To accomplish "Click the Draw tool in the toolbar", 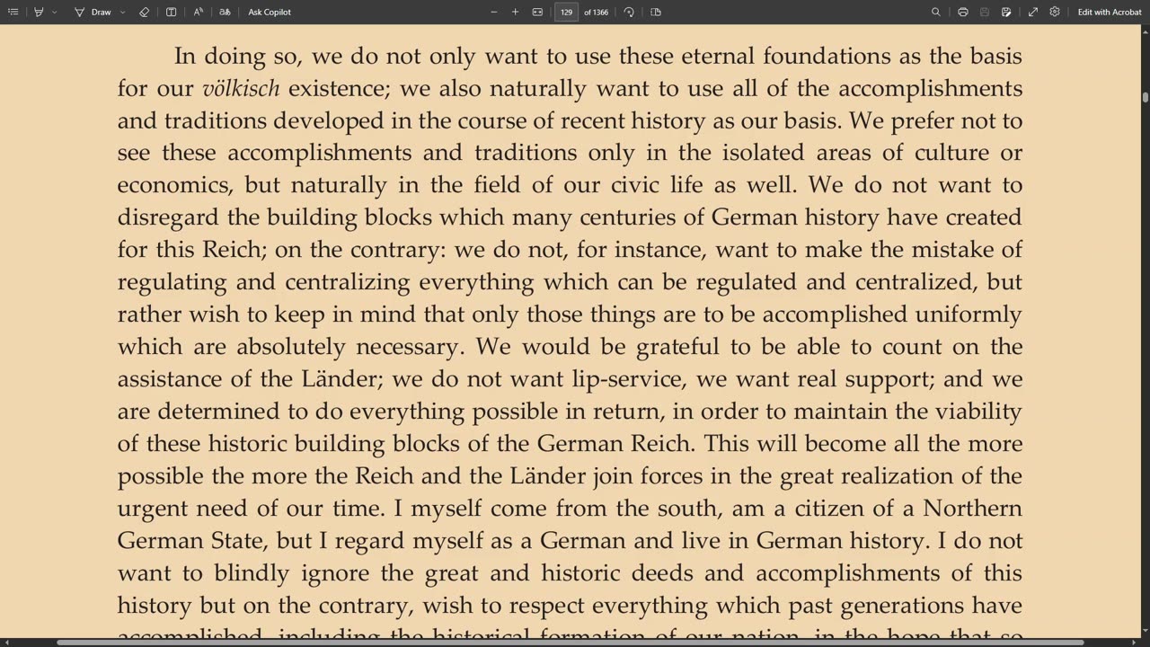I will [x=93, y=12].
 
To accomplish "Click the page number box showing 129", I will [x=566, y=12].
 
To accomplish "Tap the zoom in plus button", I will [x=515, y=12].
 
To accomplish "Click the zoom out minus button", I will [x=493, y=12].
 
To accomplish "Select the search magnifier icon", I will [x=935, y=12].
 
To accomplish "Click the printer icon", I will [x=962, y=12].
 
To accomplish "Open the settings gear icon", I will [x=1055, y=12].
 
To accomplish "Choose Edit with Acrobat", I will [x=1110, y=12].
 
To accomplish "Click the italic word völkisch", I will [x=241, y=88].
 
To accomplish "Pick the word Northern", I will [x=972, y=509].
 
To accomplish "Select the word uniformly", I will [x=969, y=315].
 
